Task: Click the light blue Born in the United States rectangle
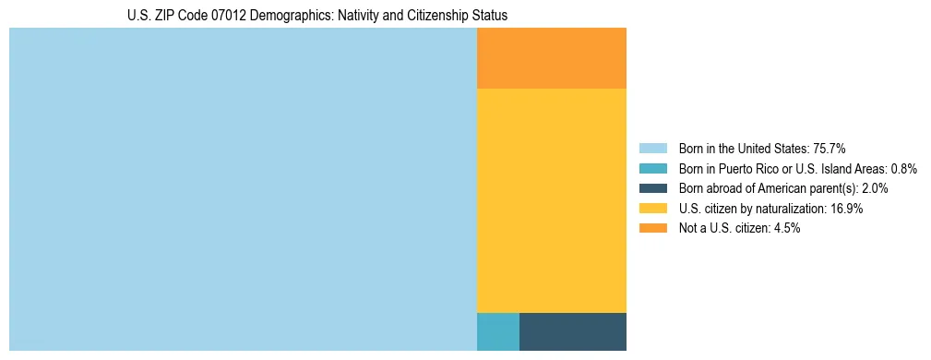coord(243,189)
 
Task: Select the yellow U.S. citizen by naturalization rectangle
coord(552,200)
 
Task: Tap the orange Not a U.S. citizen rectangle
coord(552,58)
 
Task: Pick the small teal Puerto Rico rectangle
coord(498,331)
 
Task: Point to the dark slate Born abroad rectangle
coord(573,331)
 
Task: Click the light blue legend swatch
coord(652,149)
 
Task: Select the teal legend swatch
coord(652,169)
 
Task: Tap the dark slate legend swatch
coord(652,188)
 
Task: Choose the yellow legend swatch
coord(652,209)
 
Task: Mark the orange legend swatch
coord(652,228)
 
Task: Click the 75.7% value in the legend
coord(830,149)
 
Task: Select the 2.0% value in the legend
coord(872,188)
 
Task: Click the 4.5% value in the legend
coord(785,228)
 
